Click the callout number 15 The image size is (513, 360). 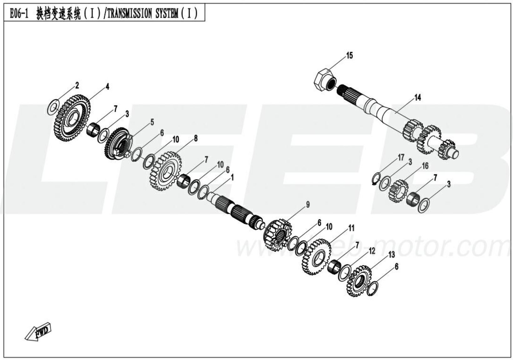coord(349,56)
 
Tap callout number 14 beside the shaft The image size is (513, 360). coord(418,98)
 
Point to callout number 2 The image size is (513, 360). coord(77,85)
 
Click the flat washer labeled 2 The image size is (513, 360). coord(53,107)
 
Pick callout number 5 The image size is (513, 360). coord(152,122)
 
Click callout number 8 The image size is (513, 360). coord(196,138)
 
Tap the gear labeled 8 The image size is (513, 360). coord(166,171)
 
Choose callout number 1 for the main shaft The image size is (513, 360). coord(232,178)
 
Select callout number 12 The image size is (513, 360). coord(372,251)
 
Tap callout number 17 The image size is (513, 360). coord(401,157)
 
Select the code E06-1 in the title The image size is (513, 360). coord(19,14)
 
